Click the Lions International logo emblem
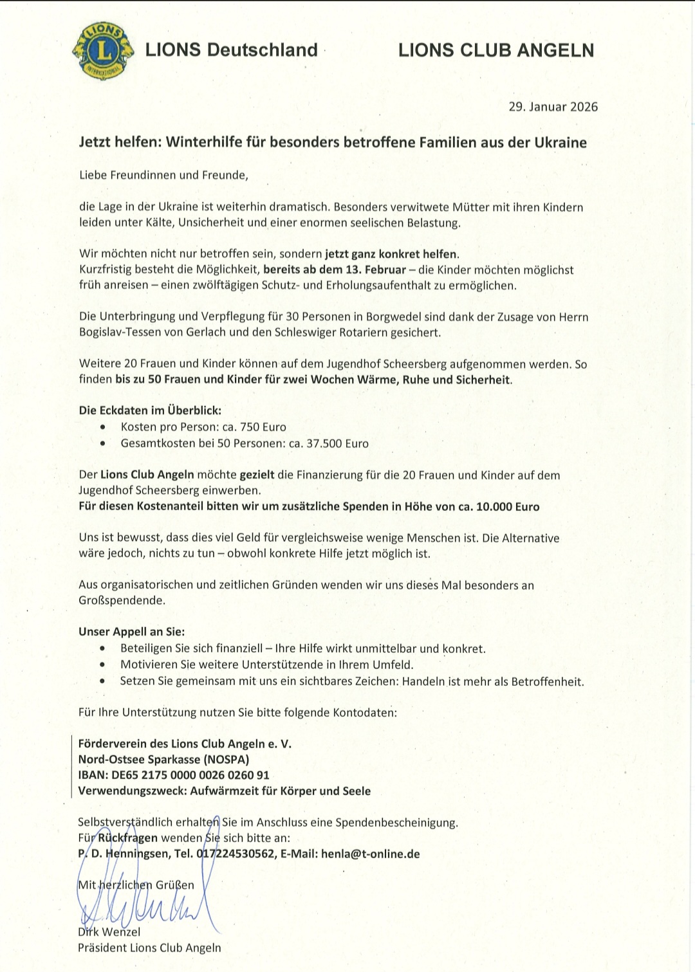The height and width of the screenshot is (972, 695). point(104,51)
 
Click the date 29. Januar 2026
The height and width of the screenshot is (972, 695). point(553,107)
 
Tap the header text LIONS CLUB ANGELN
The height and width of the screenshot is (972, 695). point(496,50)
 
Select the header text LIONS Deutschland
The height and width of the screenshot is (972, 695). point(231,50)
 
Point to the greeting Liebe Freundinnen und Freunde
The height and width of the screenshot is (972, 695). point(163,175)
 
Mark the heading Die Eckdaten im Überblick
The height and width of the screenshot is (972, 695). point(150,410)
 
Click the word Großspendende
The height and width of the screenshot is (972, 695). point(122,601)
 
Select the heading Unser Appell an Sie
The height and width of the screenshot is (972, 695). point(131,632)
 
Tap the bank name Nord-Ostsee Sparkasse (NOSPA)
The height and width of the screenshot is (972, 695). point(163,760)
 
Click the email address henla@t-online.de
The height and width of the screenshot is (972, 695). point(370,854)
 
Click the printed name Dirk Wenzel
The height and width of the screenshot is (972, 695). point(109,932)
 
